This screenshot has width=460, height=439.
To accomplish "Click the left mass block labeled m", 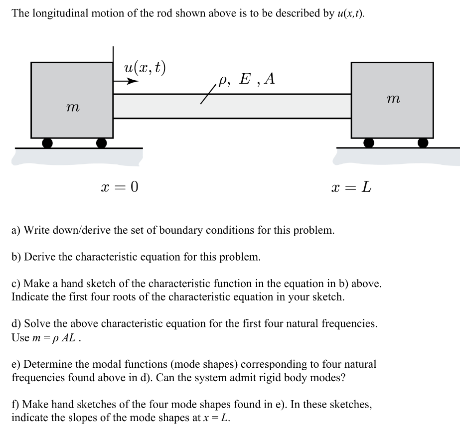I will (72, 100).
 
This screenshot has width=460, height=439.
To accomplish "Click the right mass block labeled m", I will (392, 100).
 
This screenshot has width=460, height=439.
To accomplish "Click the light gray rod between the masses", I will (232, 106).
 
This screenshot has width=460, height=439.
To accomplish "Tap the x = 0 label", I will (120, 187).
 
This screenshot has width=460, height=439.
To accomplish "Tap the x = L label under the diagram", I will (351, 187).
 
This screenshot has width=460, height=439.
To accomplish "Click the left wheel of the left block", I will (47, 143).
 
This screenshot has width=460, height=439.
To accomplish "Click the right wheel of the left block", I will (101, 143).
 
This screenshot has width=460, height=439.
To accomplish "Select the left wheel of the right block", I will (369, 143).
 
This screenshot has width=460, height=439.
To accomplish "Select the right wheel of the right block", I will (423, 143).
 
